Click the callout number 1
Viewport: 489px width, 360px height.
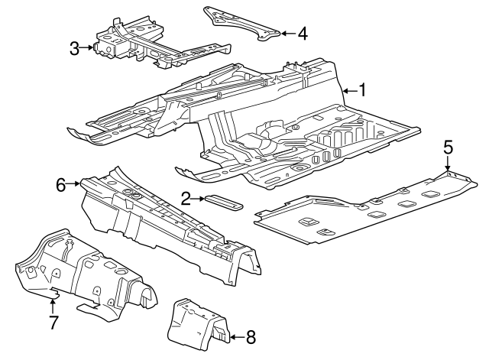tap(363, 91)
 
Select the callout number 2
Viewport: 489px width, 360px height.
tap(186, 199)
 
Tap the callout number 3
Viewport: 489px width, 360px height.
tap(75, 49)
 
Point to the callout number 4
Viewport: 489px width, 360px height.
tap(303, 33)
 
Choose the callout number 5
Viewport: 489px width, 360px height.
tap(449, 147)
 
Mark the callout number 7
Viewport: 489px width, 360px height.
tap(53, 322)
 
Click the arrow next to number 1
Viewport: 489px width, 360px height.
tap(348, 91)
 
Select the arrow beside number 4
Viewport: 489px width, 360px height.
tap(287, 33)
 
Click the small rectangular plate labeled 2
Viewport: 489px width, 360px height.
tap(222, 202)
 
